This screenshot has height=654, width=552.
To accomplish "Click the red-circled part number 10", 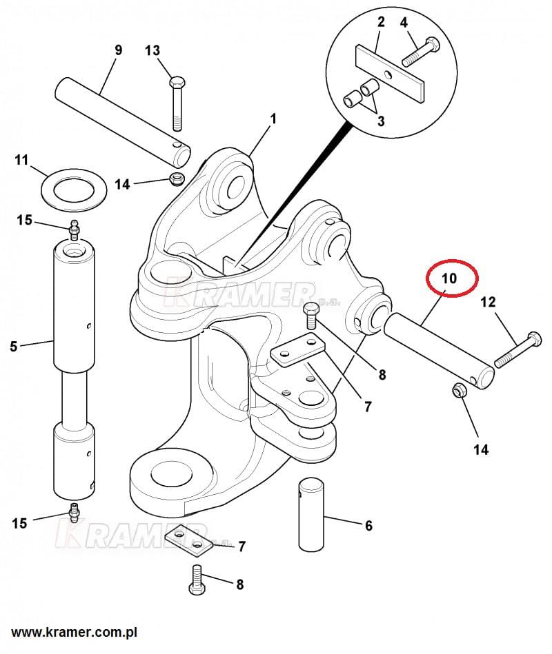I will coord(449,279).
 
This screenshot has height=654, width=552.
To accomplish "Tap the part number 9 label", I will coord(118,50).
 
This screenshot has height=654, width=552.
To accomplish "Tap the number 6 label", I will coord(368,526).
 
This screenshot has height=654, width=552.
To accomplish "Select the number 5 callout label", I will coord(14,347).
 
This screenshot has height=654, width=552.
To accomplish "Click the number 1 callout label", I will coord(273,119).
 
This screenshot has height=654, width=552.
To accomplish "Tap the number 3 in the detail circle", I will coord(380,121).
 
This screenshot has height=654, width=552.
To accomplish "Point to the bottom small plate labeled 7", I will coord(187,538).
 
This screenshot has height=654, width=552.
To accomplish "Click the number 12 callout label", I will coord(488,301).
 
